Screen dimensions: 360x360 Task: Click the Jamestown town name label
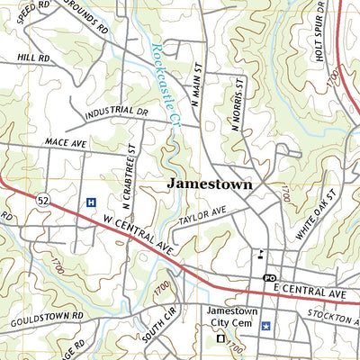(x=210, y=184)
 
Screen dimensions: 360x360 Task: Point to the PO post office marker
(x=268, y=278)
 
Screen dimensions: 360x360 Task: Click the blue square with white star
(x=265, y=325)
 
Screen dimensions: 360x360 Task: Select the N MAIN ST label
(x=194, y=89)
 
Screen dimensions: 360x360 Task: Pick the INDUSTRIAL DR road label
(x=117, y=114)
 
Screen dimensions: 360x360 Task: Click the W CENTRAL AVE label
(x=137, y=233)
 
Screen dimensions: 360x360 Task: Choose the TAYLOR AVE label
(x=202, y=218)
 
